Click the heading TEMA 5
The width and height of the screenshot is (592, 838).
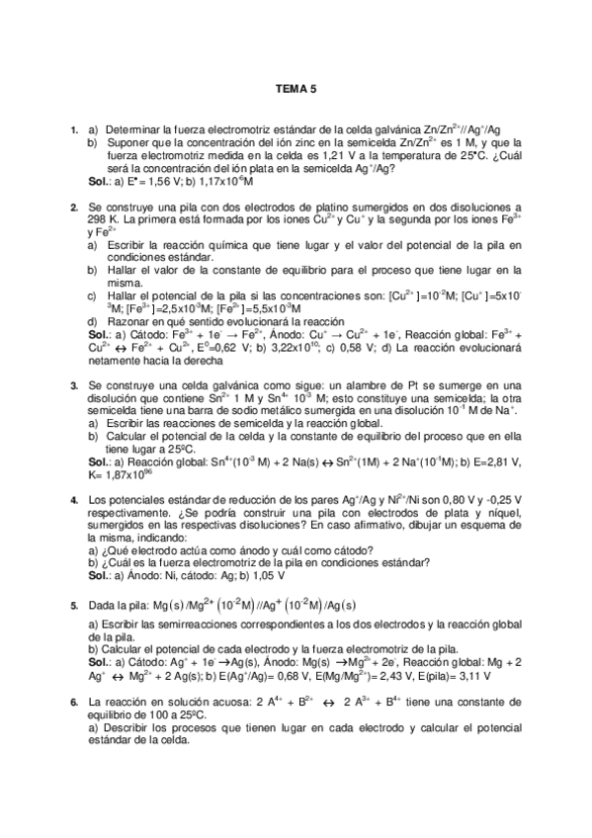296,87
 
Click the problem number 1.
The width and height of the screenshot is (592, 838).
75,129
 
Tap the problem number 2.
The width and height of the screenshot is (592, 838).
75,207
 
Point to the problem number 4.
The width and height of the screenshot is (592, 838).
75,501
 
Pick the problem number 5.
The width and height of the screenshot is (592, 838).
75,604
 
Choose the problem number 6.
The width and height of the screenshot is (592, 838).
75,701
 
